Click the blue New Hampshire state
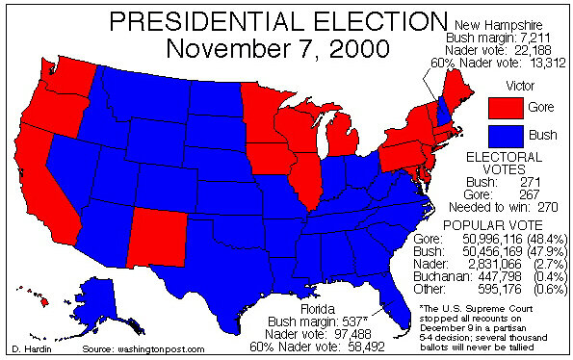click(x=443, y=110)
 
